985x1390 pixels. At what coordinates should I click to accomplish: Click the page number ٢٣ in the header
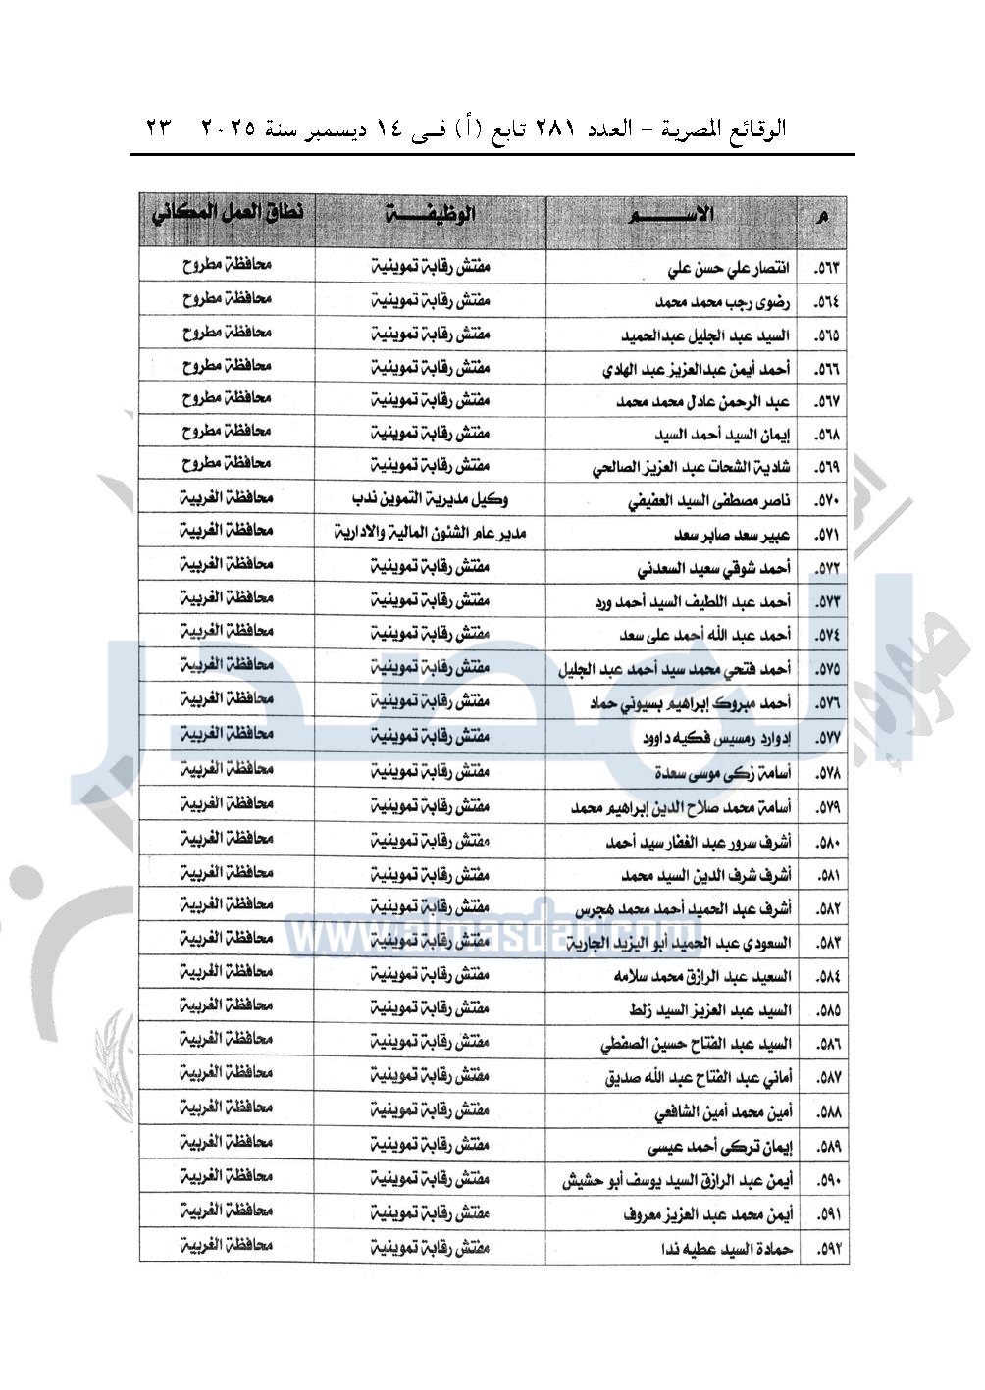coord(159,129)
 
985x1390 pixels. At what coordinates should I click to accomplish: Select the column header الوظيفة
coord(431,213)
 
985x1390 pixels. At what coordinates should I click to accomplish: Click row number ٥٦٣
coord(827,268)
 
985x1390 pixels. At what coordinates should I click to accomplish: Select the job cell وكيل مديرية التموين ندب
coord(430,499)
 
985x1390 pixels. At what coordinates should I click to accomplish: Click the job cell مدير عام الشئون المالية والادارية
coord(430,533)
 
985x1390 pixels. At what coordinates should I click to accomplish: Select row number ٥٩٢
coord(827,1249)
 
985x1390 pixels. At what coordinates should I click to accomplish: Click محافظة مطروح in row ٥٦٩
coord(227,463)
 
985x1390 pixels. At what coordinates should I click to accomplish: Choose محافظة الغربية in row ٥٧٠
coord(227,498)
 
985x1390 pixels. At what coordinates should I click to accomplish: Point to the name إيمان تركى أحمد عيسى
coord(720,1147)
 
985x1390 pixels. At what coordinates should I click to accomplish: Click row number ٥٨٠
coord(827,842)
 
